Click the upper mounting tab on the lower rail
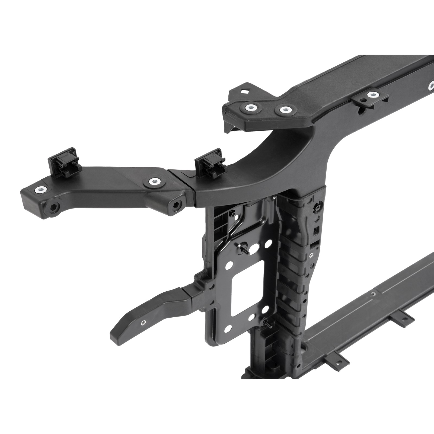pyautogui.click(x=403, y=321)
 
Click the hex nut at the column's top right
pyautogui.click(x=316, y=207)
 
